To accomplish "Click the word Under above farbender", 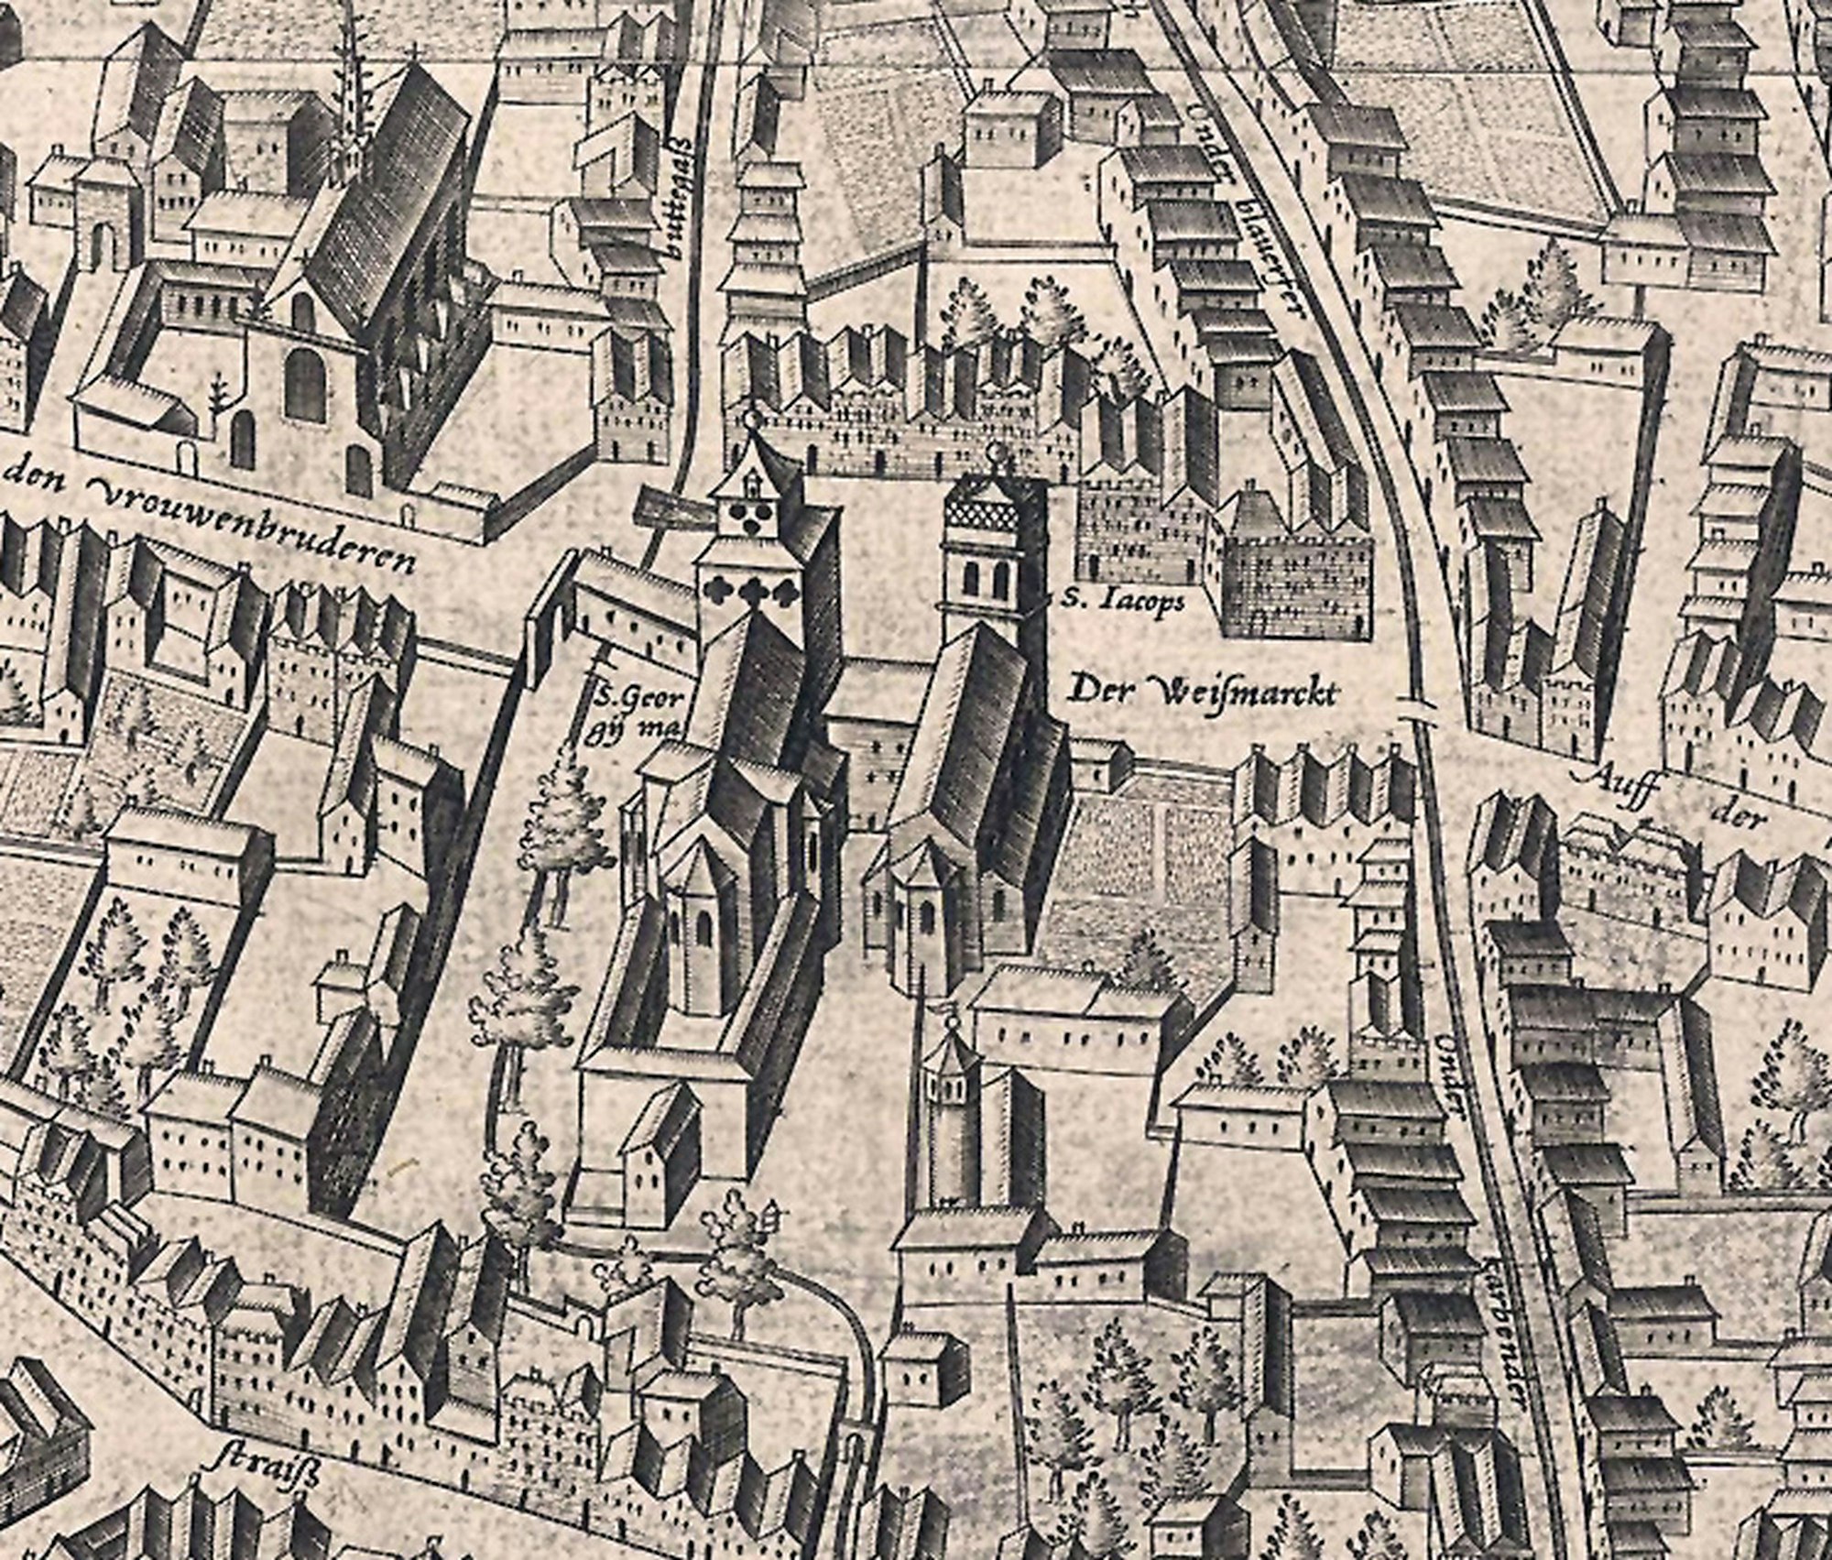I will point(1447,1081).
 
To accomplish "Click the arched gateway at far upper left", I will point(104,240).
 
